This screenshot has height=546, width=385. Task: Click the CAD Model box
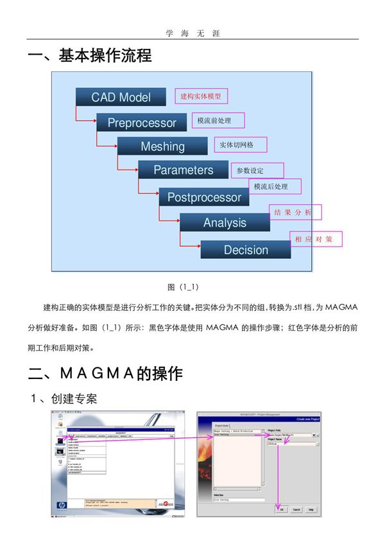tap(121, 97)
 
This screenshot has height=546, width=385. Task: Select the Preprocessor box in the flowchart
tap(142, 122)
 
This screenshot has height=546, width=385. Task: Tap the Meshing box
tap(162, 146)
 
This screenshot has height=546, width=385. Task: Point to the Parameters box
tap(184, 170)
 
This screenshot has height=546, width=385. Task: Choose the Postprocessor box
tap(204, 197)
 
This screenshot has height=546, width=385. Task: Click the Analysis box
tap(225, 223)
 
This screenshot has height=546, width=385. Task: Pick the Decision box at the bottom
tap(246, 250)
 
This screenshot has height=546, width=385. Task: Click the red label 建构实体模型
tap(201, 96)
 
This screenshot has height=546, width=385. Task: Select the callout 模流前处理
tap(214, 121)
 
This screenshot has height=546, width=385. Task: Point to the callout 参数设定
tap(255, 170)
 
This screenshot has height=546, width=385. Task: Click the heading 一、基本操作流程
tap(90, 57)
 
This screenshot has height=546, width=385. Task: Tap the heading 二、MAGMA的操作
tap(106, 373)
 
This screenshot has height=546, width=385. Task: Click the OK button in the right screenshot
tap(280, 509)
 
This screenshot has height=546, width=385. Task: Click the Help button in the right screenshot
tap(311, 509)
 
